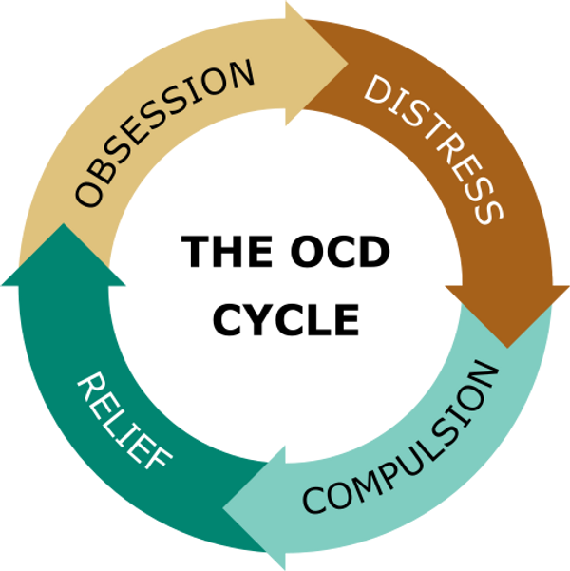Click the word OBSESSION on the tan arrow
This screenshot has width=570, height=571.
[164, 133]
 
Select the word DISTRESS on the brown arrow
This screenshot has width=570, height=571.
[433, 149]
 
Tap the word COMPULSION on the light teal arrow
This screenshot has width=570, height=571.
[401, 437]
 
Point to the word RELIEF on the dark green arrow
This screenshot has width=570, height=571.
[123, 421]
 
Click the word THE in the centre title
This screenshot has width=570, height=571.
[226, 251]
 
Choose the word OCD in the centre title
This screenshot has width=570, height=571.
[340, 251]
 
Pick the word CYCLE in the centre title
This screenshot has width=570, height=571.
[286, 319]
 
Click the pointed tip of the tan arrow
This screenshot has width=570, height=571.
[348, 64]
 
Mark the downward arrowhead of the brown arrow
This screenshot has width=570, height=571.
[507, 316]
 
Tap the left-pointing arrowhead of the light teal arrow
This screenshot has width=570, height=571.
[254, 508]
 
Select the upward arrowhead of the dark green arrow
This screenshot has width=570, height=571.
[64, 255]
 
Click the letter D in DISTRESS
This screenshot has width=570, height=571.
[378, 89]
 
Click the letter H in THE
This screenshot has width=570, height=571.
[226, 251]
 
